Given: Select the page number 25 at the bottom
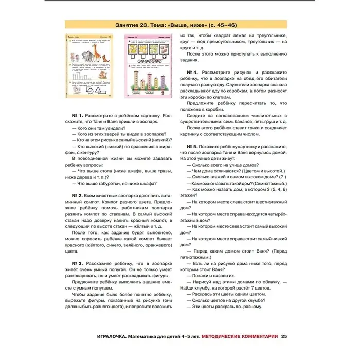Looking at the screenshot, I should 284,337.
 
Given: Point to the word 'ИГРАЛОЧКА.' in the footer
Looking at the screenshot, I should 115,337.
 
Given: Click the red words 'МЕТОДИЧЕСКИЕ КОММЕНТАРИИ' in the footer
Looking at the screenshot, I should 241,337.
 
